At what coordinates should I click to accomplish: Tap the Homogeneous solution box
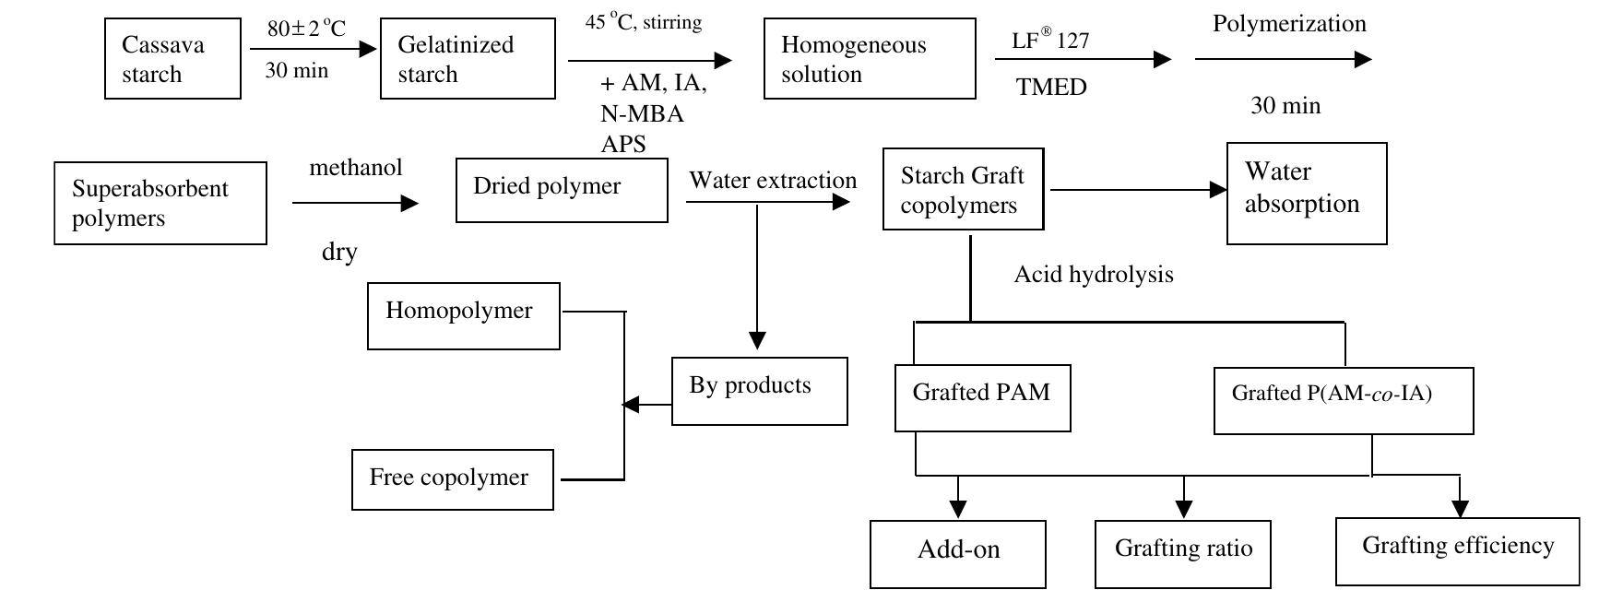[x=869, y=59]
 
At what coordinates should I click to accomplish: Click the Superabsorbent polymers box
[x=160, y=204]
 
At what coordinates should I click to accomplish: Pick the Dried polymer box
[x=561, y=190]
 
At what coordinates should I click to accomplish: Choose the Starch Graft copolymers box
[x=963, y=190]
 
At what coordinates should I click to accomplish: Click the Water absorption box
[x=1306, y=193]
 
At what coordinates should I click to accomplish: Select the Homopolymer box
[x=463, y=315]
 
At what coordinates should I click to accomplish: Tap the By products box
[x=759, y=391]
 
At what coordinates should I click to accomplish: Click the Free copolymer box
[x=452, y=479]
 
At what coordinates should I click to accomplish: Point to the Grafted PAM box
[x=982, y=398]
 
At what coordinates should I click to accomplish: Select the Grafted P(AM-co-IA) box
[x=1343, y=400]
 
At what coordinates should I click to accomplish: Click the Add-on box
[x=958, y=553]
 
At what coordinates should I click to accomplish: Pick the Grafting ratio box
[x=1183, y=553]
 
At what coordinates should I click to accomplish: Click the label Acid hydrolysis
[x=1094, y=275]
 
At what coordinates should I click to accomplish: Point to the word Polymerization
[x=1288, y=24]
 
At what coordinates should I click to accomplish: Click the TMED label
[x=1051, y=88]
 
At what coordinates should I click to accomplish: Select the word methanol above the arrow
[x=356, y=168]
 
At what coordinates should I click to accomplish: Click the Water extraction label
[x=772, y=181]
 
